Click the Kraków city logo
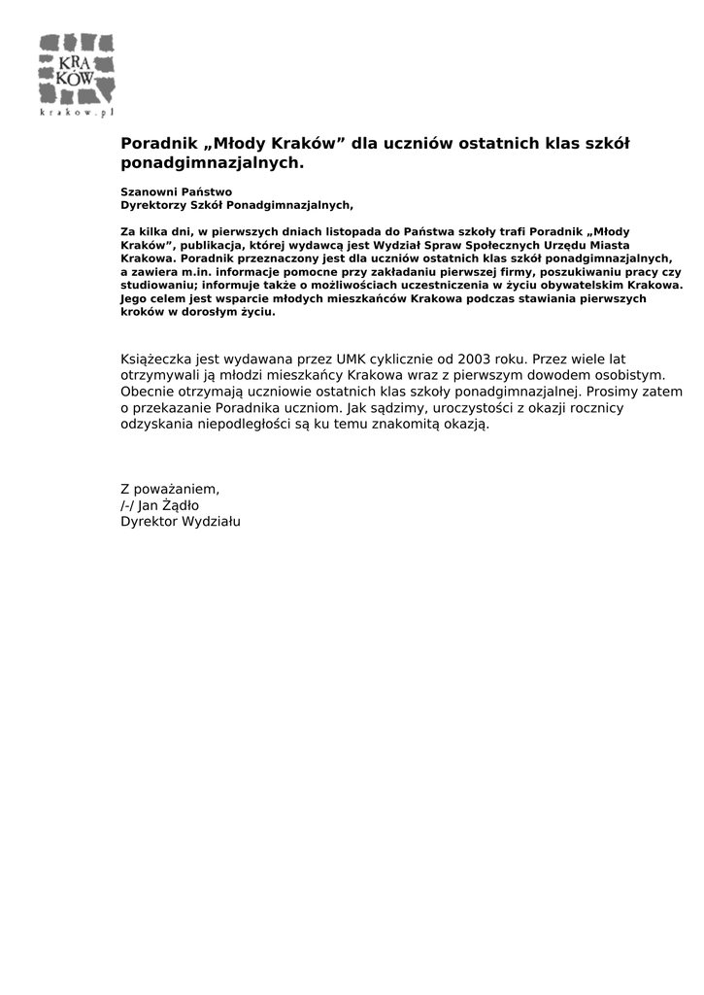click(x=77, y=70)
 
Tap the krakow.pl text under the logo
click(x=77, y=112)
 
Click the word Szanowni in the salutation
click(x=146, y=192)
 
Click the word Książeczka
click(x=155, y=360)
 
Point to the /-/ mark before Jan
click(x=127, y=505)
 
